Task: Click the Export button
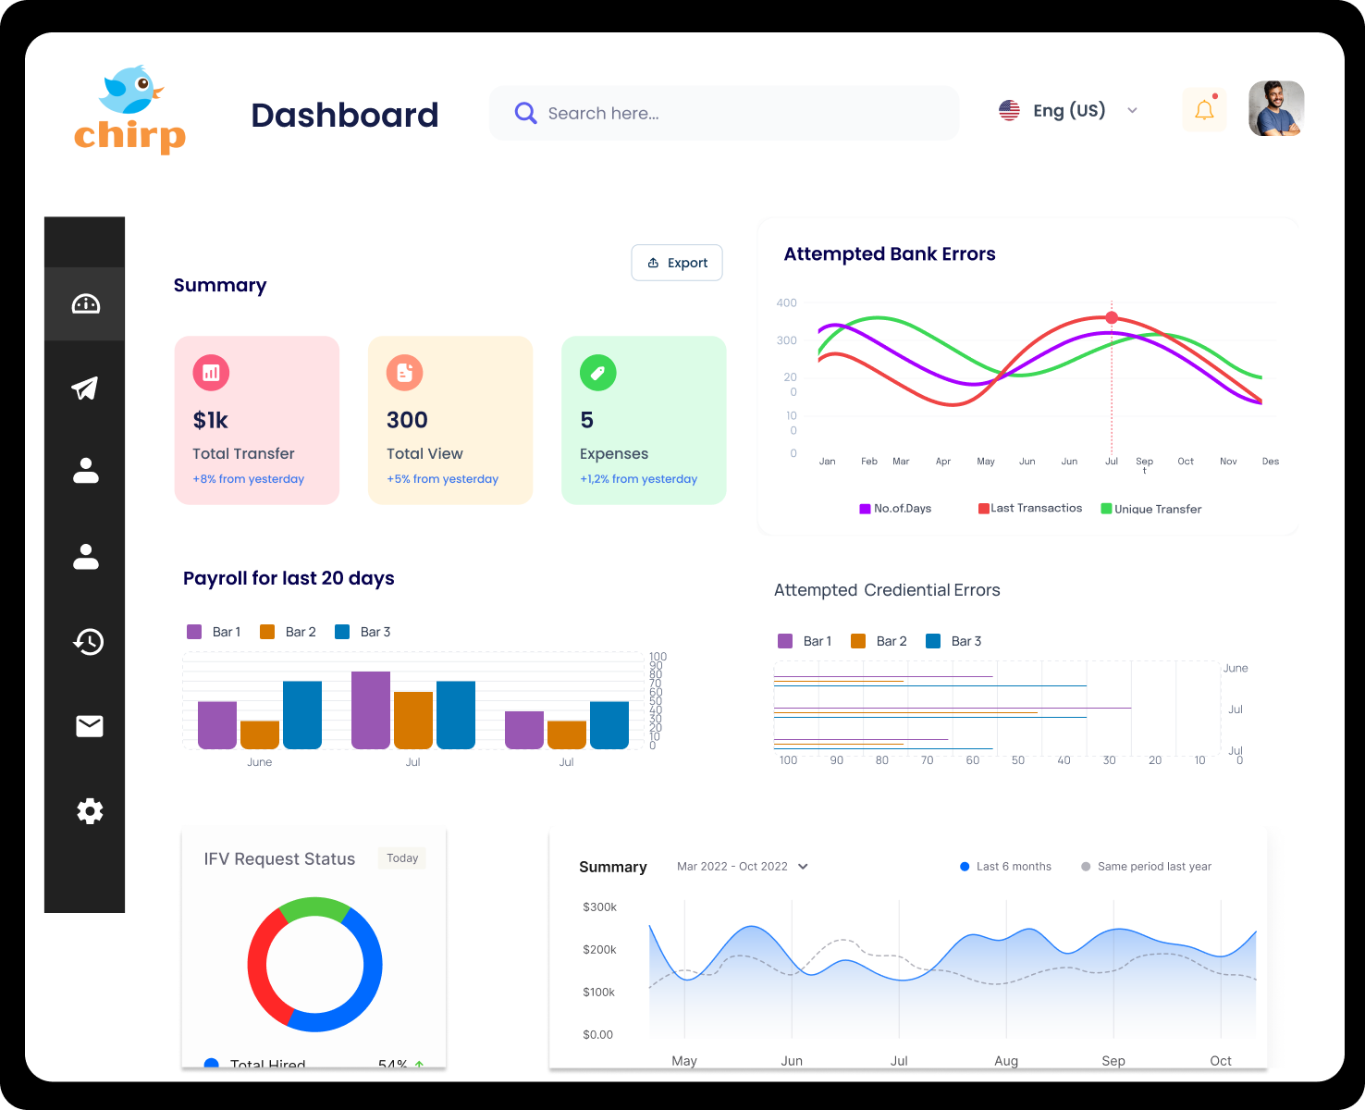click(x=677, y=263)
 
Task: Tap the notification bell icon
click(x=1204, y=110)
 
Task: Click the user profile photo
click(x=1276, y=109)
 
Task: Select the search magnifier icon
click(x=525, y=113)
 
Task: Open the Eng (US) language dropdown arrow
click(x=1132, y=110)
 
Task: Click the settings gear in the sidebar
click(x=90, y=811)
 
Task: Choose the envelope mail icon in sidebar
click(x=90, y=726)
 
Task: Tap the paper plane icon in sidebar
click(x=85, y=388)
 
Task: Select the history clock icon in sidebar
click(x=89, y=641)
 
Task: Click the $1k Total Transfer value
click(x=211, y=421)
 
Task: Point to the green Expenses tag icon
click(x=597, y=373)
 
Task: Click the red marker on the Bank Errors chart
click(x=1112, y=317)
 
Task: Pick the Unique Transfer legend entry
click(x=1151, y=509)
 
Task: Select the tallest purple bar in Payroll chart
click(x=371, y=709)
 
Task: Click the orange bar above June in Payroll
click(x=260, y=734)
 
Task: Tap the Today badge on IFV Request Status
click(x=402, y=858)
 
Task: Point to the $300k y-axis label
click(x=599, y=907)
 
